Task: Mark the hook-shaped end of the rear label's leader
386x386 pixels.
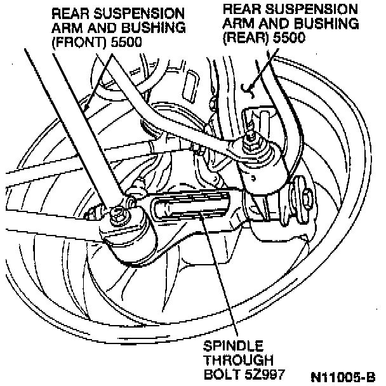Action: tap(250, 86)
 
